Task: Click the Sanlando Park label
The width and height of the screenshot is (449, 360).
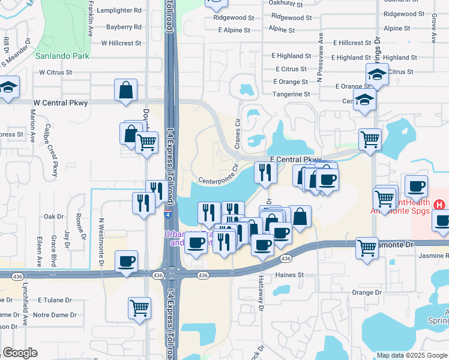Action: [x=62, y=56]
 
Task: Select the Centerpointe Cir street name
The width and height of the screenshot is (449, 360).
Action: [x=218, y=176]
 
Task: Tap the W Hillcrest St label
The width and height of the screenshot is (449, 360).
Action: [x=121, y=43]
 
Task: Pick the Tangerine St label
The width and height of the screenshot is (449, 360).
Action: [x=291, y=94]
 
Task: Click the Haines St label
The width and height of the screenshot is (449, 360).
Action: [x=290, y=275]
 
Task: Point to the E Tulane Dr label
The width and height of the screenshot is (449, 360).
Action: [x=55, y=299]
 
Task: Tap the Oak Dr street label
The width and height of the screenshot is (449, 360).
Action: [x=53, y=217]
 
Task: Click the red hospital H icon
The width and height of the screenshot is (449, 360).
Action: [x=440, y=205]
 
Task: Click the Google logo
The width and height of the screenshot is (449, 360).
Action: [x=20, y=353]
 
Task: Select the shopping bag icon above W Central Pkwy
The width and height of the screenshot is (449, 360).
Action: [x=126, y=91]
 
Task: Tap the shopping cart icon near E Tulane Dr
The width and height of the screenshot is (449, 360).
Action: [x=139, y=308]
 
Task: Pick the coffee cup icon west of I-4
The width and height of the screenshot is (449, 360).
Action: [x=126, y=262]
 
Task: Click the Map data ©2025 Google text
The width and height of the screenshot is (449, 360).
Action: [x=412, y=355]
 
